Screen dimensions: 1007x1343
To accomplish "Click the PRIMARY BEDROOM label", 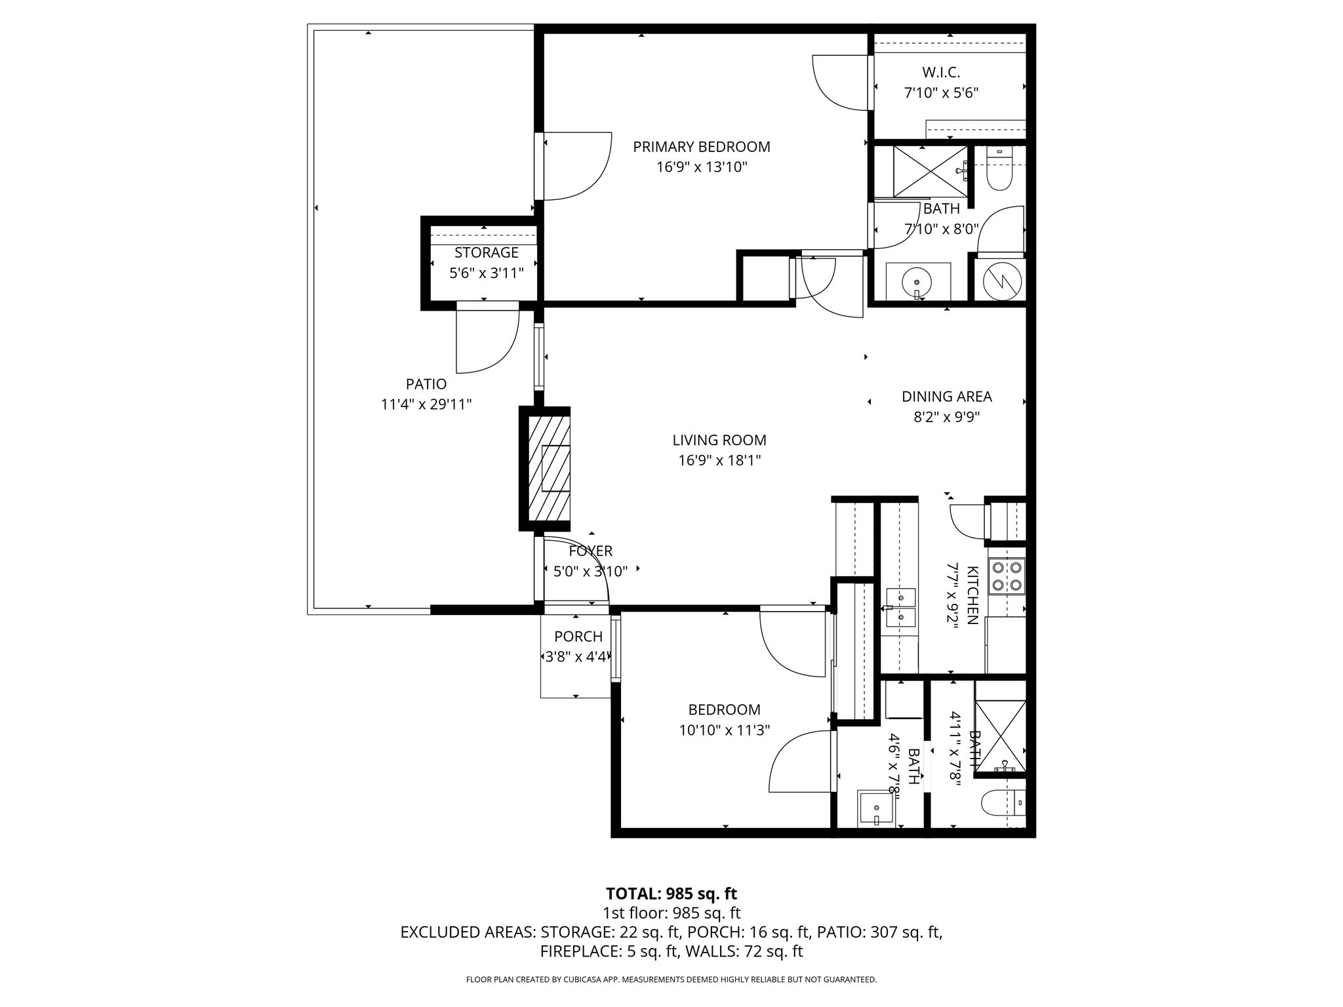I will pyautogui.click(x=701, y=147).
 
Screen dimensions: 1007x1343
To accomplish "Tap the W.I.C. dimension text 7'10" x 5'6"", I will pyautogui.click(x=941, y=93).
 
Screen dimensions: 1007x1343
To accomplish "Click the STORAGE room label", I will pyautogui.click(x=486, y=253).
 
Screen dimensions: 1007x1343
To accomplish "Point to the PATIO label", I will pyautogui.click(x=426, y=384).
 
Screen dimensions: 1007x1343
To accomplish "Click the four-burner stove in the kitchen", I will pyautogui.click(x=1007, y=576).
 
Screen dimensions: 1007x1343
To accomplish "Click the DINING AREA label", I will pyautogui.click(x=946, y=397).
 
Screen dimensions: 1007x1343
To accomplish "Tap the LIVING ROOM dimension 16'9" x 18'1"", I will pyautogui.click(x=719, y=460).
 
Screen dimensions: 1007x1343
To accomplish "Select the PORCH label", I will pyautogui.click(x=578, y=637).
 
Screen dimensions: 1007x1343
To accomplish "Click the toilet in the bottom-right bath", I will pyautogui.click(x=1003, y=802).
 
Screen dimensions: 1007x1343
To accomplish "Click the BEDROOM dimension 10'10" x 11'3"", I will pyautogui.click(x=724, y=730).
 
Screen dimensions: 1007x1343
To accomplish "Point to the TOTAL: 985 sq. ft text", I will pyautogui.click(x=671, y=894).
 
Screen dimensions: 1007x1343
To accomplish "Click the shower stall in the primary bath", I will pyautogui.click(x=931, y=171).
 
